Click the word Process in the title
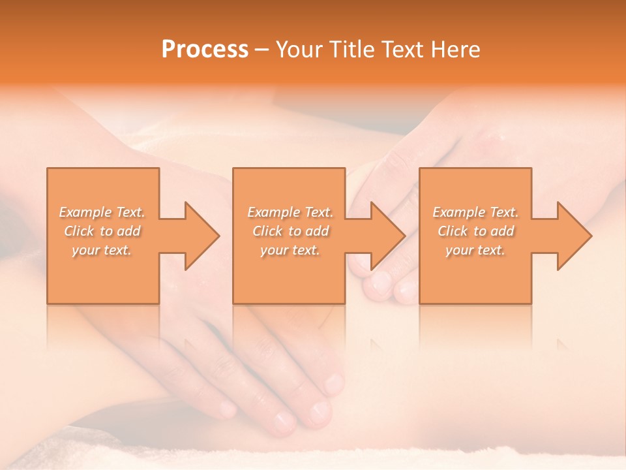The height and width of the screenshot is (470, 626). (x=205, y=50)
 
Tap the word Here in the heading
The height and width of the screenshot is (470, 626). (x=456, y=50)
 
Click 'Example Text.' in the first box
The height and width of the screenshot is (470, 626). (x=102, y=212)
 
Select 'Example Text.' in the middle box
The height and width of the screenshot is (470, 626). (x=290, y=212)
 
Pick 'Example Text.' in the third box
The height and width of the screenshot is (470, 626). (x=475, y=212)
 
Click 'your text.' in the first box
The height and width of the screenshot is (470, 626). (x=102, y=250)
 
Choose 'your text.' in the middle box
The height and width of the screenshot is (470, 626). (x=290, y=250)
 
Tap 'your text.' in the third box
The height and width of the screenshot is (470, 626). (x=475, y=250)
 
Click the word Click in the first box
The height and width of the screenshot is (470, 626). (x=80, y=231)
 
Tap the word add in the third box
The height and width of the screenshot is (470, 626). (x=501, y=231)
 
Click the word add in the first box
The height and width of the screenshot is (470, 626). (x=128, y=231)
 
